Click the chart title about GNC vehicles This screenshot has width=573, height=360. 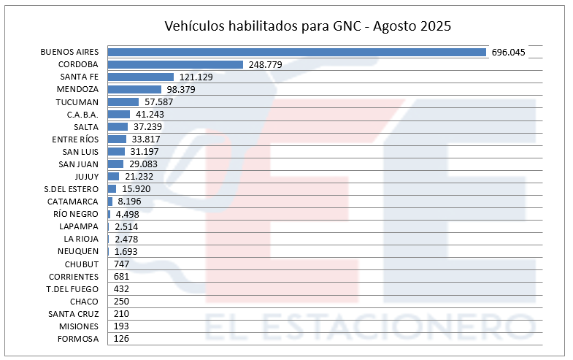[x=307, y=27]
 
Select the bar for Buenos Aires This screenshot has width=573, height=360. [x=296, y=52]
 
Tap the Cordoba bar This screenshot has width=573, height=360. [x=175, y=64]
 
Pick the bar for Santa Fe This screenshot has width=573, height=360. [x=140, y=77]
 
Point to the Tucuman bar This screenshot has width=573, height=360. [x=123, y=102]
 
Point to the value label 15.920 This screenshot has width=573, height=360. [x=136, y=189]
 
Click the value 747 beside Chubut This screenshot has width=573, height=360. [x=123, y=264]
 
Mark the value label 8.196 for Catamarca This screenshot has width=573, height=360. [x=131, y=202]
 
